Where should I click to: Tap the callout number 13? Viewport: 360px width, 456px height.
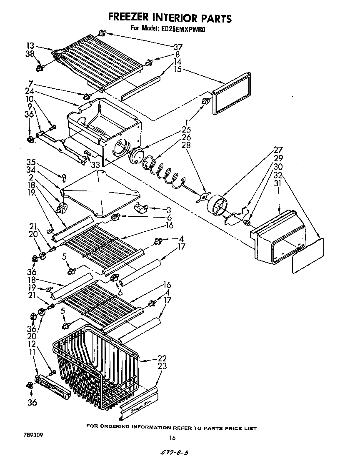tap(30, 46)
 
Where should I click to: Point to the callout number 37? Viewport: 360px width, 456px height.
tap(178, 47)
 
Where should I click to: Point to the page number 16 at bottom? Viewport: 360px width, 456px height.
tap(172, 438)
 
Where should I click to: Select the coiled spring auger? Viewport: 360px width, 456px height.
tap(165, 171)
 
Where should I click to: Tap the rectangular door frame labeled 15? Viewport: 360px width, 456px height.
tap(232, 93)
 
